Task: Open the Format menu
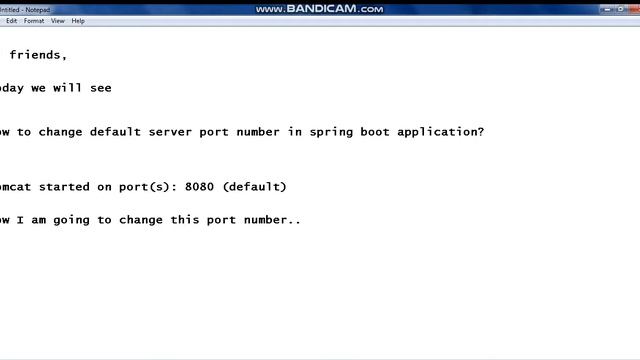tap(34, 20)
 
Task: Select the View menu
tap(58, 20)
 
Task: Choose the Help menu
tap(78, 20)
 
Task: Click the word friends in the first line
tap(38, 56)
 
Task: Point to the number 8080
tap(201, 187)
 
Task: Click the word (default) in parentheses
tap(255, 187)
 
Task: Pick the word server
tap(175, 132)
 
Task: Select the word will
tap(68, 88)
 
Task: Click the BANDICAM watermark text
tap(319, 8)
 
